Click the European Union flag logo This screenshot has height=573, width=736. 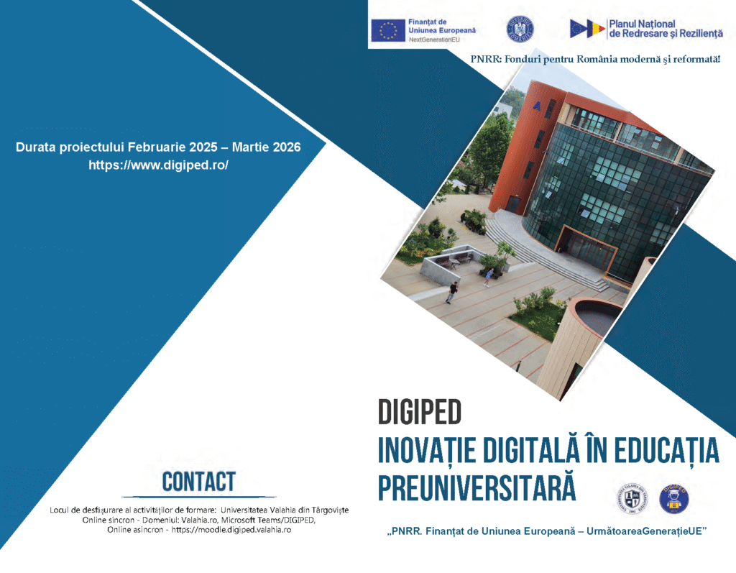point(387,30)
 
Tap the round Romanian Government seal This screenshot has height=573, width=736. point(520,29)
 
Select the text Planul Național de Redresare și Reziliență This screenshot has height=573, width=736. point(666,29)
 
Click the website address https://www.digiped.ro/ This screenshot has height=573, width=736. point(159,165)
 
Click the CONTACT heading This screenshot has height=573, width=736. point(198,482)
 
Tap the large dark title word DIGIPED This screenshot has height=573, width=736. point(420,412)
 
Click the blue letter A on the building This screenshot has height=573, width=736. point(536,106)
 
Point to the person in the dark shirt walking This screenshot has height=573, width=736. point(452,292)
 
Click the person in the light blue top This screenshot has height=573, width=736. point(489,277)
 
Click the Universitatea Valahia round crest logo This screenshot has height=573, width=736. point(632,498)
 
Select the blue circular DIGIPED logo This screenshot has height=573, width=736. point(674,499)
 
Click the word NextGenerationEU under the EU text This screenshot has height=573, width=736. point(433,40)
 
